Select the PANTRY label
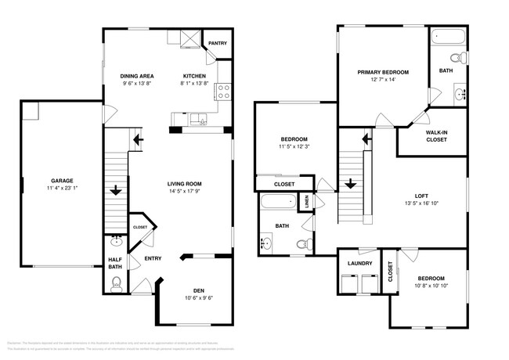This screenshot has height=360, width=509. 217,43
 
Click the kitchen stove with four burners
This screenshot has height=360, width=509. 222,91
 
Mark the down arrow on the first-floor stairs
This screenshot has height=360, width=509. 116,189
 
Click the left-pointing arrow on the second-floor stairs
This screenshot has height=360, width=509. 365,141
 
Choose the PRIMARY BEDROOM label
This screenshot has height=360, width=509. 384,72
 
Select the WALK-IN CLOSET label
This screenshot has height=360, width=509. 436,136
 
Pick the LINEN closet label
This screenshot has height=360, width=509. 307,202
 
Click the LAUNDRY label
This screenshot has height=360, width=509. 359,263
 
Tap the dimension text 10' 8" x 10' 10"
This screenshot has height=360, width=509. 430,286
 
